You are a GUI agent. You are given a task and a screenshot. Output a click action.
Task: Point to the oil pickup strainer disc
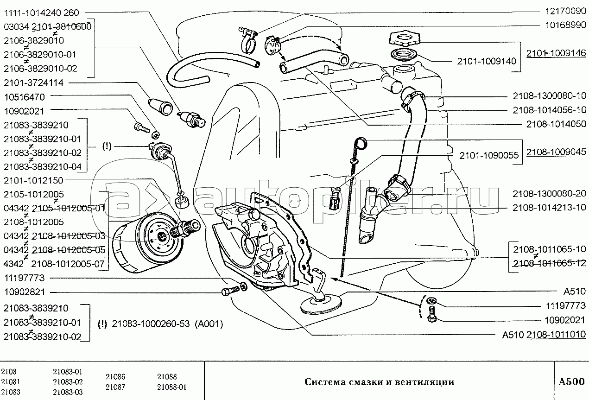click(320, 304)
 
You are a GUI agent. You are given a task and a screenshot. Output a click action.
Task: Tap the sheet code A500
click(571, 382)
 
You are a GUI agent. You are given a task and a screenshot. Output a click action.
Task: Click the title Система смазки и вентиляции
click(379, 382)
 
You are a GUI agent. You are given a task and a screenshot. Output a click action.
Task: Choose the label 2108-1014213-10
click(550, 207)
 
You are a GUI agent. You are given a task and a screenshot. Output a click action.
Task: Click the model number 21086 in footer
click(115, 377)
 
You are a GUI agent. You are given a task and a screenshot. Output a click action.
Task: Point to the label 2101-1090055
click(489, 156)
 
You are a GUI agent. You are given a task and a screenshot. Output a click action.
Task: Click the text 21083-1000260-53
click(151, 324)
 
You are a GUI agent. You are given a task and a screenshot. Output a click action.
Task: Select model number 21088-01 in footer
click(171, 387)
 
